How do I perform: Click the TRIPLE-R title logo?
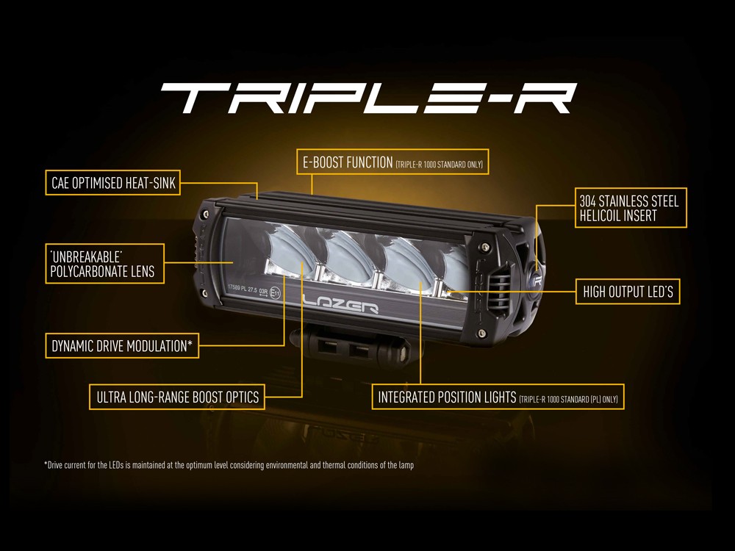[x=367, y=97]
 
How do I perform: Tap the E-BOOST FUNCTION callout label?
[x=392, y=162]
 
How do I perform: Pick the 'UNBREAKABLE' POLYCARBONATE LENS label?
[x=103, y=264]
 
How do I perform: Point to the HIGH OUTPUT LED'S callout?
[x=628, y=292]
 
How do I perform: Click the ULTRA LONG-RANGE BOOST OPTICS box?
[x=177, y=397]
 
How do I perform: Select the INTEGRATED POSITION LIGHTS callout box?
[x=498, y=397]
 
